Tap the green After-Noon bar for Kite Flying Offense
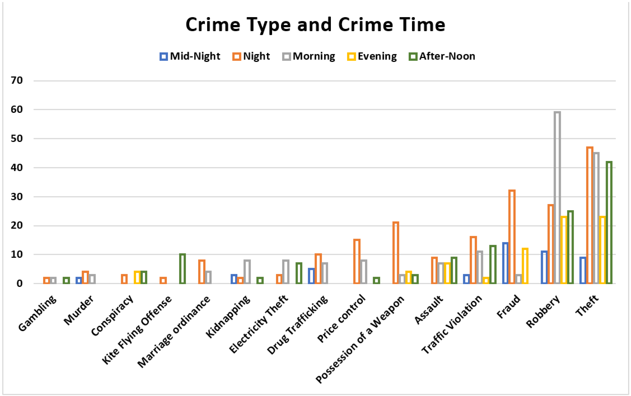(183, 269)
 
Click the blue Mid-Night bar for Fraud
(505, 263)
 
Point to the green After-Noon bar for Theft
(609, 223)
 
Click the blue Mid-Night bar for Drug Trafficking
(311, 276)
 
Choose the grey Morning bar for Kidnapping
(247, 272)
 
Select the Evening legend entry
(372, 56)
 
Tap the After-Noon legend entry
(442, 56)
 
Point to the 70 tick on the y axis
(17, 80)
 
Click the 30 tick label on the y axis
(17, 197)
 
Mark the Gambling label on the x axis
(38, 313)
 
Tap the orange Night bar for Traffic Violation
(473, 260)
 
